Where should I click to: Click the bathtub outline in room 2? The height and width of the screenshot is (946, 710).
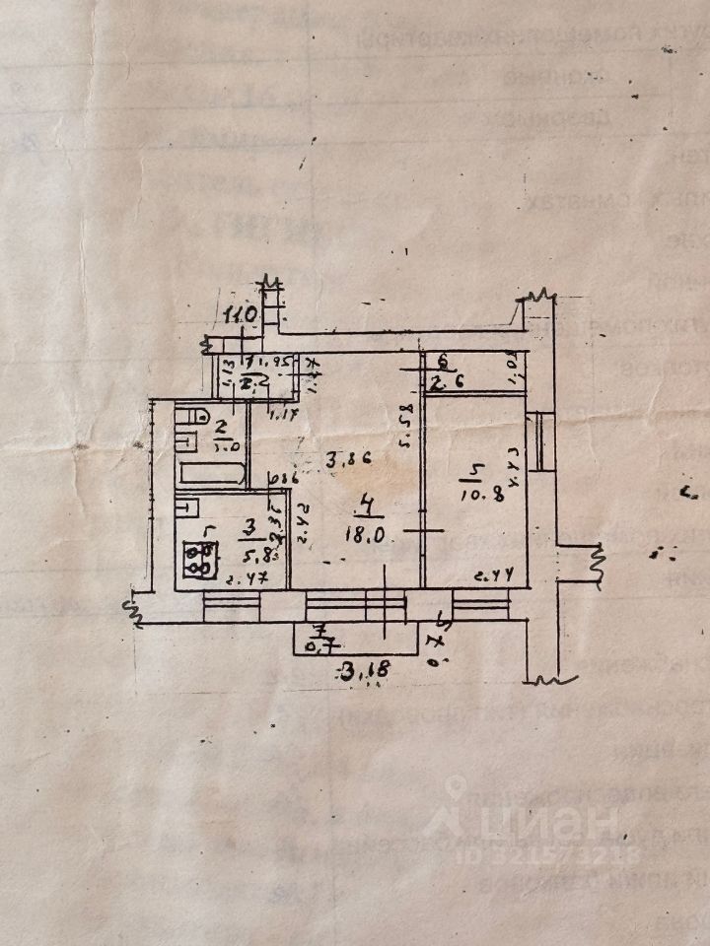[211, 471]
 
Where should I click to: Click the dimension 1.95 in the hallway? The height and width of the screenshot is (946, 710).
[273, 362]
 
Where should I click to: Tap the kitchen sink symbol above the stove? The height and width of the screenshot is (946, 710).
[184, 508]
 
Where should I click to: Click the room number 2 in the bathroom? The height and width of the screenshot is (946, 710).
[223, 427]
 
